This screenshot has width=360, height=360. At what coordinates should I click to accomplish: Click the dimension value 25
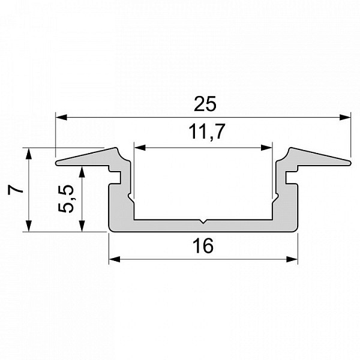tap(205, 104)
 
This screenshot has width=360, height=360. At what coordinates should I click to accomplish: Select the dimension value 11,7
tap(206, 131)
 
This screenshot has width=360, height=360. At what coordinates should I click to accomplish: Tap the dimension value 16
tap(203, 246)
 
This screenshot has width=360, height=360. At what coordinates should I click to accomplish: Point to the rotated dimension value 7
tap(16, 190)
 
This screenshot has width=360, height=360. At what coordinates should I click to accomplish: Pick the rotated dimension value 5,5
tap(66, 199)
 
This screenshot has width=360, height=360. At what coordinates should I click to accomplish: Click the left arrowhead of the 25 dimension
tap(62, 117)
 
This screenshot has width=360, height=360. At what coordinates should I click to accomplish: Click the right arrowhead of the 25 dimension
tap(345, 117)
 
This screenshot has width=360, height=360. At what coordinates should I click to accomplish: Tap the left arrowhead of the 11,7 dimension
tap(140, 148)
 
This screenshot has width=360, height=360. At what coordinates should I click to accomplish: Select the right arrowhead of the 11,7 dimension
tap(266, 148)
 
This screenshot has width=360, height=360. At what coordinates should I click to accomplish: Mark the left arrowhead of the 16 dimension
tap(115, 259)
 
